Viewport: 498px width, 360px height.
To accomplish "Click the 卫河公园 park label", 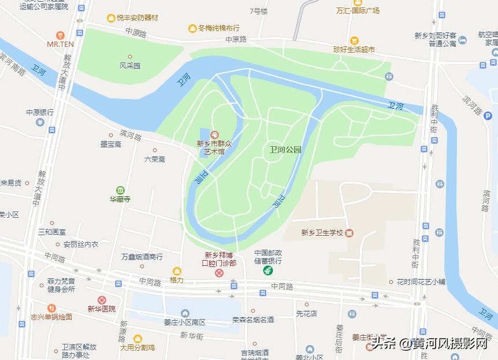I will point(285,150).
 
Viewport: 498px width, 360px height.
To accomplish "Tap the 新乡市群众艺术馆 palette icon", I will point(214,135).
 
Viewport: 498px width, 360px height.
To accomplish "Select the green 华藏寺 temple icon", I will point(120,190).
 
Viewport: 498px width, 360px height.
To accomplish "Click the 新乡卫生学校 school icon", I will point(350,233).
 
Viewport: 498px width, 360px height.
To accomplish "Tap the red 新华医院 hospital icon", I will point(102,300).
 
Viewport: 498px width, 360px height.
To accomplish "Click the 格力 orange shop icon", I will point(177,271).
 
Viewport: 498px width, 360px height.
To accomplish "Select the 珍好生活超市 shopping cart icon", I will point(354,40).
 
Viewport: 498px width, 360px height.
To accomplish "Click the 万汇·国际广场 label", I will point(358,10).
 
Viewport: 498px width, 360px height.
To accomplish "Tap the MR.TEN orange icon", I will point(60,35).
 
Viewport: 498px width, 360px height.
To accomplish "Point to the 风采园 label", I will point(130,66).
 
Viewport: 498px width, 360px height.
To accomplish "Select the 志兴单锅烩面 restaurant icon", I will point(52,308).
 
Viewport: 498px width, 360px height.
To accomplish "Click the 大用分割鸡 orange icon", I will point(137,339).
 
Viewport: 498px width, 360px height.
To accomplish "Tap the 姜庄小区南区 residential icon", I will point(185,313).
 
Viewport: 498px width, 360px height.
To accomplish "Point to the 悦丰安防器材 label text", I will point(137,18).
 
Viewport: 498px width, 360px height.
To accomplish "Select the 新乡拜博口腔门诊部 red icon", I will point(219,272).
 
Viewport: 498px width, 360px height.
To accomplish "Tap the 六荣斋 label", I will point(155,159).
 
